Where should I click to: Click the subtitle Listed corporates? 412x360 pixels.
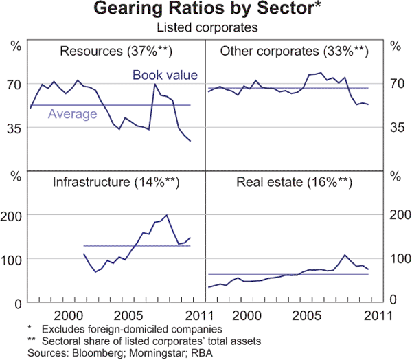point(206,28)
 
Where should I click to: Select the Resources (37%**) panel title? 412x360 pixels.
point(116,52)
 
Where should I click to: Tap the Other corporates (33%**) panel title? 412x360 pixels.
point(295,52)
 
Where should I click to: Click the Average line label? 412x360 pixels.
point(72,114)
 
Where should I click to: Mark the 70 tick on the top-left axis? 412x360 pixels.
point(16,84)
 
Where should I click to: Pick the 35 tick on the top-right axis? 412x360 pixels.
point(396,128)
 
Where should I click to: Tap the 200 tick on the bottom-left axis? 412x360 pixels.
point(14,215)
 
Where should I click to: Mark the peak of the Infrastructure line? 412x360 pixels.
point(167,215)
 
